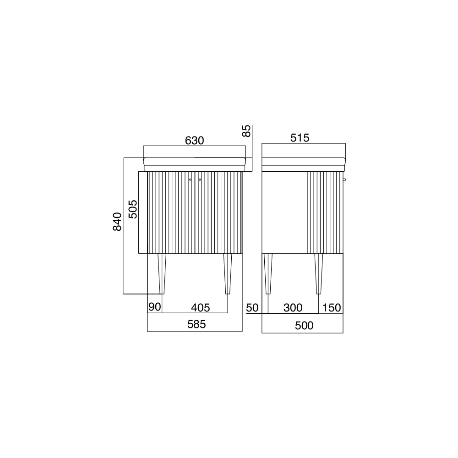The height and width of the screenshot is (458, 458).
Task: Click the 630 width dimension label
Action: [194, 141]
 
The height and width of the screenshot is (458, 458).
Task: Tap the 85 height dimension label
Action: [247, 131]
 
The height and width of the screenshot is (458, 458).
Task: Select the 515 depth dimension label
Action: [300, 138]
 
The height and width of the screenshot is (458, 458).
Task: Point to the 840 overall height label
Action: [117, 222]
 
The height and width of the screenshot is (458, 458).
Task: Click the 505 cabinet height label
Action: [133, 209]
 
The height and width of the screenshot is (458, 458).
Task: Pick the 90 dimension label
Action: [154, 307]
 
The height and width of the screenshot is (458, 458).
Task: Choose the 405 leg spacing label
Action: [201, 308]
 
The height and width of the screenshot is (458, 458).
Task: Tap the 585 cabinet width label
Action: [196, 324]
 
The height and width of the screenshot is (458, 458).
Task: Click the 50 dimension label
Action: [252, 308]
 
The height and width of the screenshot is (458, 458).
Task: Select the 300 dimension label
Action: [293, 308]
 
